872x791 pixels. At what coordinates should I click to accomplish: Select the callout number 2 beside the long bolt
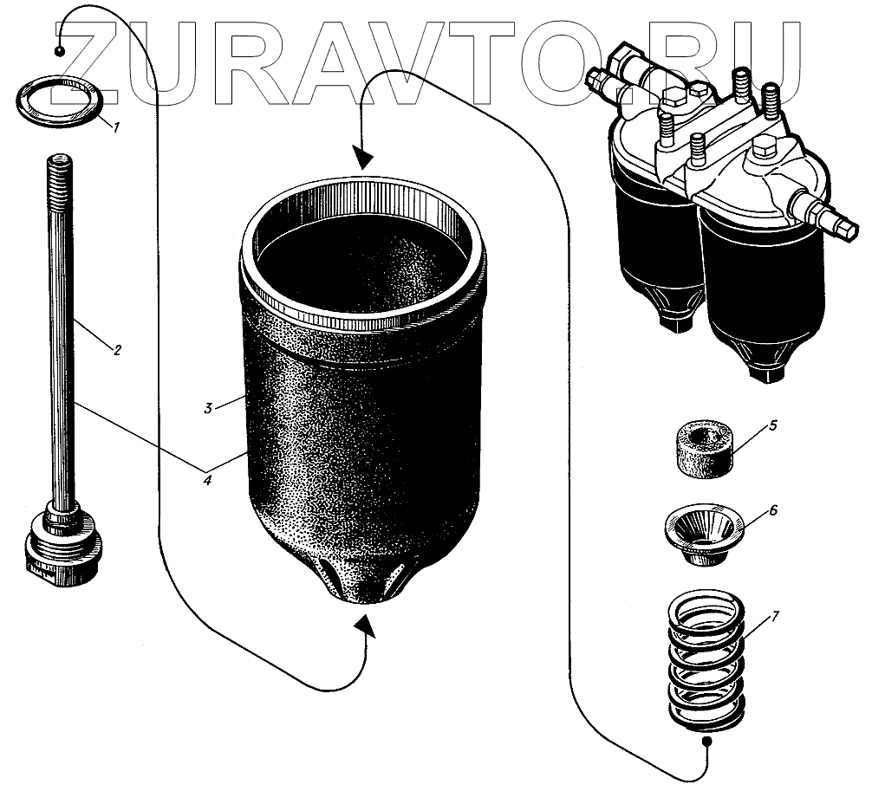117,350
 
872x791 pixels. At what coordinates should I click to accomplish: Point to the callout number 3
208,408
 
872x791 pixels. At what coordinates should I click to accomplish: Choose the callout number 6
772,510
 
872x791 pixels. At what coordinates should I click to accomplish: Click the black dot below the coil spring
706,742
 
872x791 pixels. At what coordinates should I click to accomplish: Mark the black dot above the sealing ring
60,51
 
